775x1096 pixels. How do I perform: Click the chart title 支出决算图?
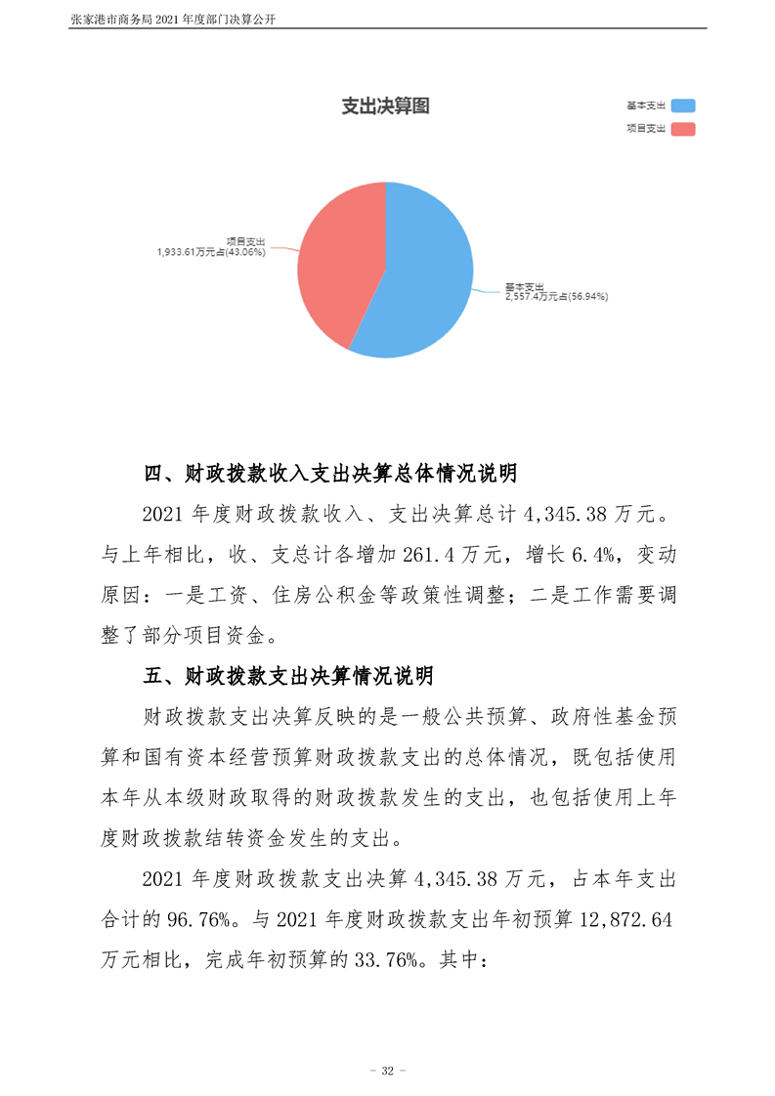pyautogui.click(x=385, y=107)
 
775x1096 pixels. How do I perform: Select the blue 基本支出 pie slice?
pyautogui.click(x=430, y=278)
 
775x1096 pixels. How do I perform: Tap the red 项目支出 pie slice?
pyautogui.click(x=337, y=259)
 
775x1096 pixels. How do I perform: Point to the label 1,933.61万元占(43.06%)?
pyautogui.click(x=211, y=251)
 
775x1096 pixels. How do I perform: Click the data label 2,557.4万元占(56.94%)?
pyautogui.click(x=556, y=295)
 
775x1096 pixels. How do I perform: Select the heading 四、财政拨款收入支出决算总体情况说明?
pyautogui.click(x=329, y=475)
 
